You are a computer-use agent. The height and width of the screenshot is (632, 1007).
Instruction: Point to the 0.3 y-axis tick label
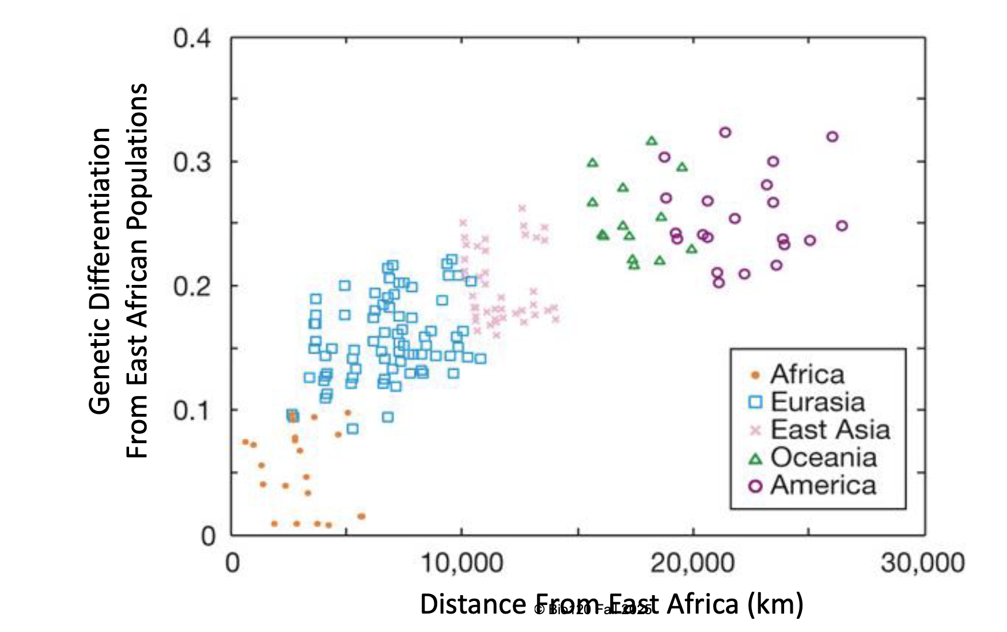pyautogui.click(x=192, y=162)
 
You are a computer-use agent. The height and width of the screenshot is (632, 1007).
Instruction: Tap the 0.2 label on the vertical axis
pyautogui.click(x=192, y=286)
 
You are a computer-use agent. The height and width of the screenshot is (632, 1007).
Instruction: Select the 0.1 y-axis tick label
pyautogui.click(x=192, y=410)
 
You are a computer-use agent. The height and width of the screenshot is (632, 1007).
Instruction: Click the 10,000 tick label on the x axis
pyautogui.click(x=462, y=562)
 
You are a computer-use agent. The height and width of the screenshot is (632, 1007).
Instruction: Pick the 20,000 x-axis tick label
pyautogui.click(x=692, y=562)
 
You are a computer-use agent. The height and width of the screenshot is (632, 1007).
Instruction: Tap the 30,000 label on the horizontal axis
pyautogui.click(x=923, y=562)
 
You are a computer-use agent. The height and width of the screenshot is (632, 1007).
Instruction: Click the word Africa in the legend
pyautogui.click(x=808, y=375)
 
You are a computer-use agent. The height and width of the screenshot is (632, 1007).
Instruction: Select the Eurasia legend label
pyautogui.click(x=818, y=402)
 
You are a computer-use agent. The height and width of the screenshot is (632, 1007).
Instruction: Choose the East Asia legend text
pyautogui.click(x=830, y=430)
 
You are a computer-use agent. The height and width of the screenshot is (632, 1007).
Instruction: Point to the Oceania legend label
pyautogui.click(x=824, y=458)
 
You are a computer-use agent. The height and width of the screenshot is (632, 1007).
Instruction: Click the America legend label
pyautogui.click(x=823, y=485)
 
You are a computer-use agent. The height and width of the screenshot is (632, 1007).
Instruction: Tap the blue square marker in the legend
pyautogui.click(x=755, y=402)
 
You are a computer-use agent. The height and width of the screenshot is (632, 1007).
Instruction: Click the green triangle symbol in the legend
pyautogui.click(x=755, y=459)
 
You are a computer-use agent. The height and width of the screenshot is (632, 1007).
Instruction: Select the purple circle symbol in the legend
pyautogui.click(x=755, y=486)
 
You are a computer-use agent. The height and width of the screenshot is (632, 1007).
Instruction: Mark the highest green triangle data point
pyautogui.click(x=652, y=141)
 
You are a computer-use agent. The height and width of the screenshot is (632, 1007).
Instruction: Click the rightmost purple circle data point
pyautogui.click(x=842, y=226)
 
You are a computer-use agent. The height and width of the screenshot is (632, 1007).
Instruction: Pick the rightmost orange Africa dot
pyautogui.click(x=361, y=516)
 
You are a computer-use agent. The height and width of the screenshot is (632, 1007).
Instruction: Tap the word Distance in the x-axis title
pyautogui.click(x=472, y=604)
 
